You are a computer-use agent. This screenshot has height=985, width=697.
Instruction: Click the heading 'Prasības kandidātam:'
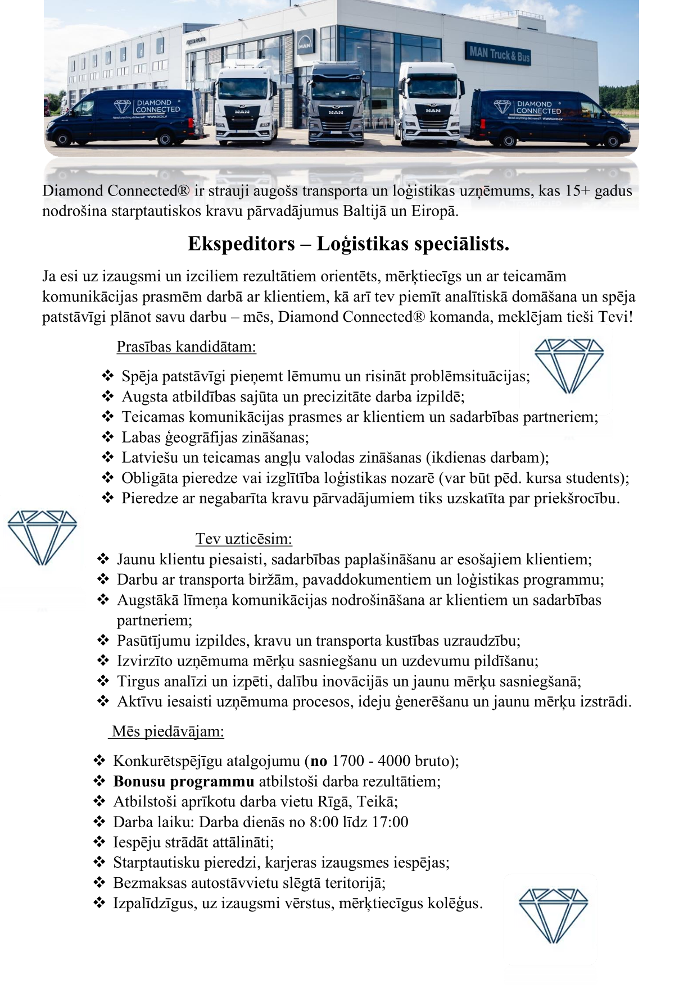coord(186,347)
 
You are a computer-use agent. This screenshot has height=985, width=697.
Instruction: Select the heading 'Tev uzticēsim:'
coord(243,539)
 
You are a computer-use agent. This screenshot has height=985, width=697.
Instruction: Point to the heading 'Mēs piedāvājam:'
coord(168,732)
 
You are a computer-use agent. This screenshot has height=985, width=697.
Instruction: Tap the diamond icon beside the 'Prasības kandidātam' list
coord(568,365)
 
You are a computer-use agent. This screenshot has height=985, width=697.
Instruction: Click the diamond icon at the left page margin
coord(42,537)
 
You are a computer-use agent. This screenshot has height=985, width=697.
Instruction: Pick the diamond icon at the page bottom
coord(553,916)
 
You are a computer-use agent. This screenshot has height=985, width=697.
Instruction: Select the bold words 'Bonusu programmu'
coord(184,781)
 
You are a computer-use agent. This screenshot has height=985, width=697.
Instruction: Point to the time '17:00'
coord(390,822)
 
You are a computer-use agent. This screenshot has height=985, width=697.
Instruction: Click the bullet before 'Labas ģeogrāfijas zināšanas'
coord(108,437)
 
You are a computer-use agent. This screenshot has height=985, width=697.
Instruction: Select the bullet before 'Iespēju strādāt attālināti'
coord(99,842)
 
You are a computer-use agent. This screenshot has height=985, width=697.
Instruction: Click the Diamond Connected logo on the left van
coord(147,107)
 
